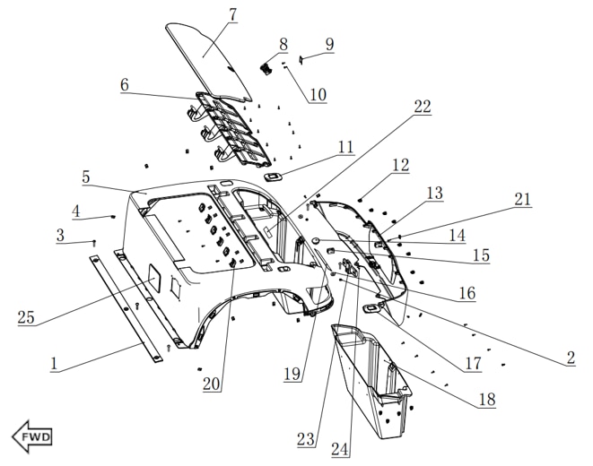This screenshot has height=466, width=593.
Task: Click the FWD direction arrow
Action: [x=32, y=436]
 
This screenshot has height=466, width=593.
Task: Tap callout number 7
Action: [x=232, y=15]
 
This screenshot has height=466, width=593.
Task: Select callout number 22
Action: [x=422, y=107]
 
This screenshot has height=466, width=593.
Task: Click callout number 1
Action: [x=54, y=365]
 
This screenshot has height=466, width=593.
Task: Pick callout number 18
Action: [x=486, y=400]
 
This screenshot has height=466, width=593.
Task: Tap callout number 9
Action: [x=329, y=43]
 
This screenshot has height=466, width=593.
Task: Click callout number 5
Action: [x=86, y=177]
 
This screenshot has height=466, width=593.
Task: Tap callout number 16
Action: [x=467, y=292]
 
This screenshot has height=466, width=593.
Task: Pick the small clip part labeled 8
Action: [x=266, y=65]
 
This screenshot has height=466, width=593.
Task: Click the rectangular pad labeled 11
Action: [x=275, y=177]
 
